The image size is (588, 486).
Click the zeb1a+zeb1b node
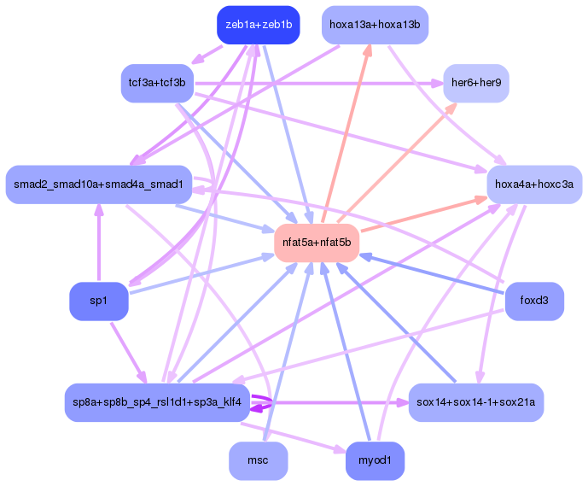coord(258,25)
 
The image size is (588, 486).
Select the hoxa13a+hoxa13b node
coord(375,25)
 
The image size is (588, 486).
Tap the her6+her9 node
coord(476,84)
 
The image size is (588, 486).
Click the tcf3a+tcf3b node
coord(157,83)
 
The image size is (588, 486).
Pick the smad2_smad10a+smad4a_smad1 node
coord(98,184)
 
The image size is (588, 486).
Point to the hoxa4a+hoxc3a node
coord(534,184)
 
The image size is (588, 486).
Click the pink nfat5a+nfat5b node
coord(316,243)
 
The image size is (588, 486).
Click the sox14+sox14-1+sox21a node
coord(476,402)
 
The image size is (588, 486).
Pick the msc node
coord(258,461)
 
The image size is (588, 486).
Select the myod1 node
coord(375,461)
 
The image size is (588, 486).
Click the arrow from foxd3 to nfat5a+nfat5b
coord(427,272)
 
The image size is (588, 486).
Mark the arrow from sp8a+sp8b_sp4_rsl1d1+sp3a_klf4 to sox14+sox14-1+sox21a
coord(341,402)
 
